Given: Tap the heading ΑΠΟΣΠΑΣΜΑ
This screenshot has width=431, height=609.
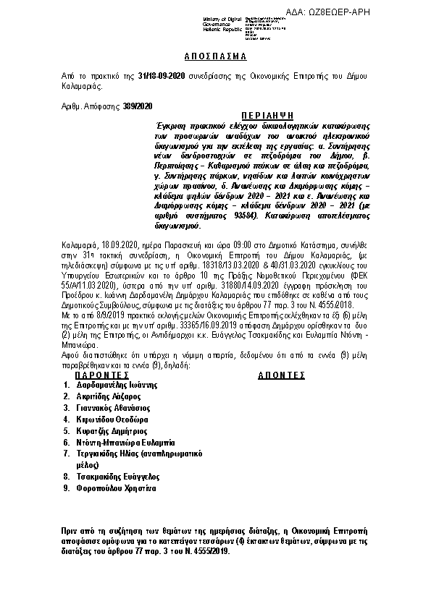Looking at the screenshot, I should [215, 56].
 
